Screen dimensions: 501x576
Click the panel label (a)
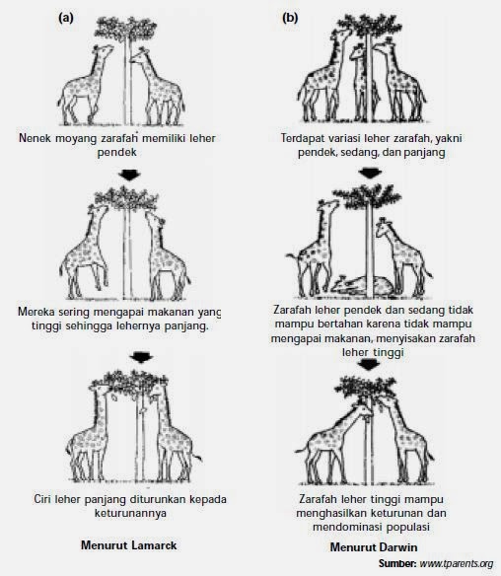(x=66, y=18)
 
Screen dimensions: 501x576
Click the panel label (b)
(x=290, y=18)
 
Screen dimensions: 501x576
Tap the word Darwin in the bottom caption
(x=396, y=547)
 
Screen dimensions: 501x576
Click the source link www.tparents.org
(x=457, y=563)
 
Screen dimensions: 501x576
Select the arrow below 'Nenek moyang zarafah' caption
(x=130, y=175)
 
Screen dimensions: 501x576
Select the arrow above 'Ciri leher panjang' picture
(x=141, y=357)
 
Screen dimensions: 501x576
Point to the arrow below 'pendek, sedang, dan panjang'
(x=370, y=173)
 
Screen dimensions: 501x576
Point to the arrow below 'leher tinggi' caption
(x=370, y=364)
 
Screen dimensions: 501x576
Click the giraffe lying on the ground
(x=362, y=285)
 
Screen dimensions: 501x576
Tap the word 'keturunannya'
(x=130, y=513)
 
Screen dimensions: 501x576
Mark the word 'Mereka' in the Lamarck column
(x=36, y=312)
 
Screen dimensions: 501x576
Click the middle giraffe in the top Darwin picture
(x=359, y=83)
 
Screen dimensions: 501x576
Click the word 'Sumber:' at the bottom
(x=397, y=563)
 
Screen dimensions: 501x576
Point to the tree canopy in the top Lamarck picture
(x=126, y=28)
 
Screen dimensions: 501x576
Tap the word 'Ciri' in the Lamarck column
(x=42, y=499)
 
